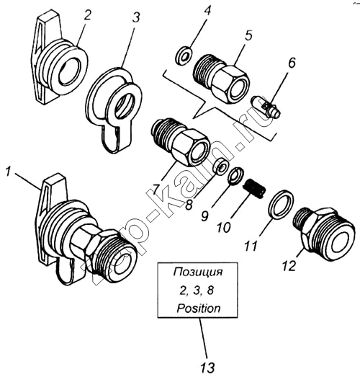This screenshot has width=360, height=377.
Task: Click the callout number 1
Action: click(x=9, y=172)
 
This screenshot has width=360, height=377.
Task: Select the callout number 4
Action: click(x=207, y=11)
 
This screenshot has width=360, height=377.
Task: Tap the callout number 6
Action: click(x=291, y=63)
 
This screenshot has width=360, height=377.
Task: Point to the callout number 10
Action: click(x=224, y=227)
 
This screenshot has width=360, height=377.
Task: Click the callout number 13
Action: click(x=207, y=367)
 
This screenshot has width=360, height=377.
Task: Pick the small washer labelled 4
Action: click(x=184, y=56)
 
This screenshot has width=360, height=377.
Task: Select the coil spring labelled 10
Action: click(x=255, y=188)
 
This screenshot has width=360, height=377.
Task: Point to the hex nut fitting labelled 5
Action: click(x=222, y=79)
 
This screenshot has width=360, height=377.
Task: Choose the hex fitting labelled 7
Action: click(x=181, y=142)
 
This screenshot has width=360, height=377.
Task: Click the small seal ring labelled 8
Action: click(x=220, y=166)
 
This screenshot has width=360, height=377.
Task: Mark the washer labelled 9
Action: click(x=235, y=176)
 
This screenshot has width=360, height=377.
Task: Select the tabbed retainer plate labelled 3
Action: click(x=113, y=110)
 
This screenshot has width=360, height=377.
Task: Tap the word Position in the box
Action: click(x=199, y=309)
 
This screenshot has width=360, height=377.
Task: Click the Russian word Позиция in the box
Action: click(x=198, y=273)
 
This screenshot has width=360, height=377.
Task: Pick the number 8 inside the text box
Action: click(x=210, y=291)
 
